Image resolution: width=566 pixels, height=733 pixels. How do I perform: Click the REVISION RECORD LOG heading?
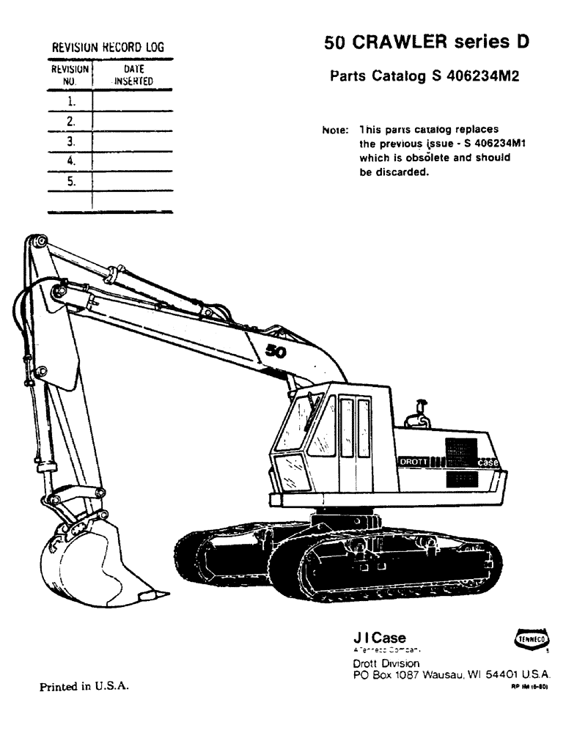tap(107, 48)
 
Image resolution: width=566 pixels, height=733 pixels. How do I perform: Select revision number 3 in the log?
tap(71, 140)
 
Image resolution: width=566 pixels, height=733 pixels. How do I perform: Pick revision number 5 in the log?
tap(71, 180)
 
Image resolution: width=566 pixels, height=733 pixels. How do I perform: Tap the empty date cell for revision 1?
tap(133, 100)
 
